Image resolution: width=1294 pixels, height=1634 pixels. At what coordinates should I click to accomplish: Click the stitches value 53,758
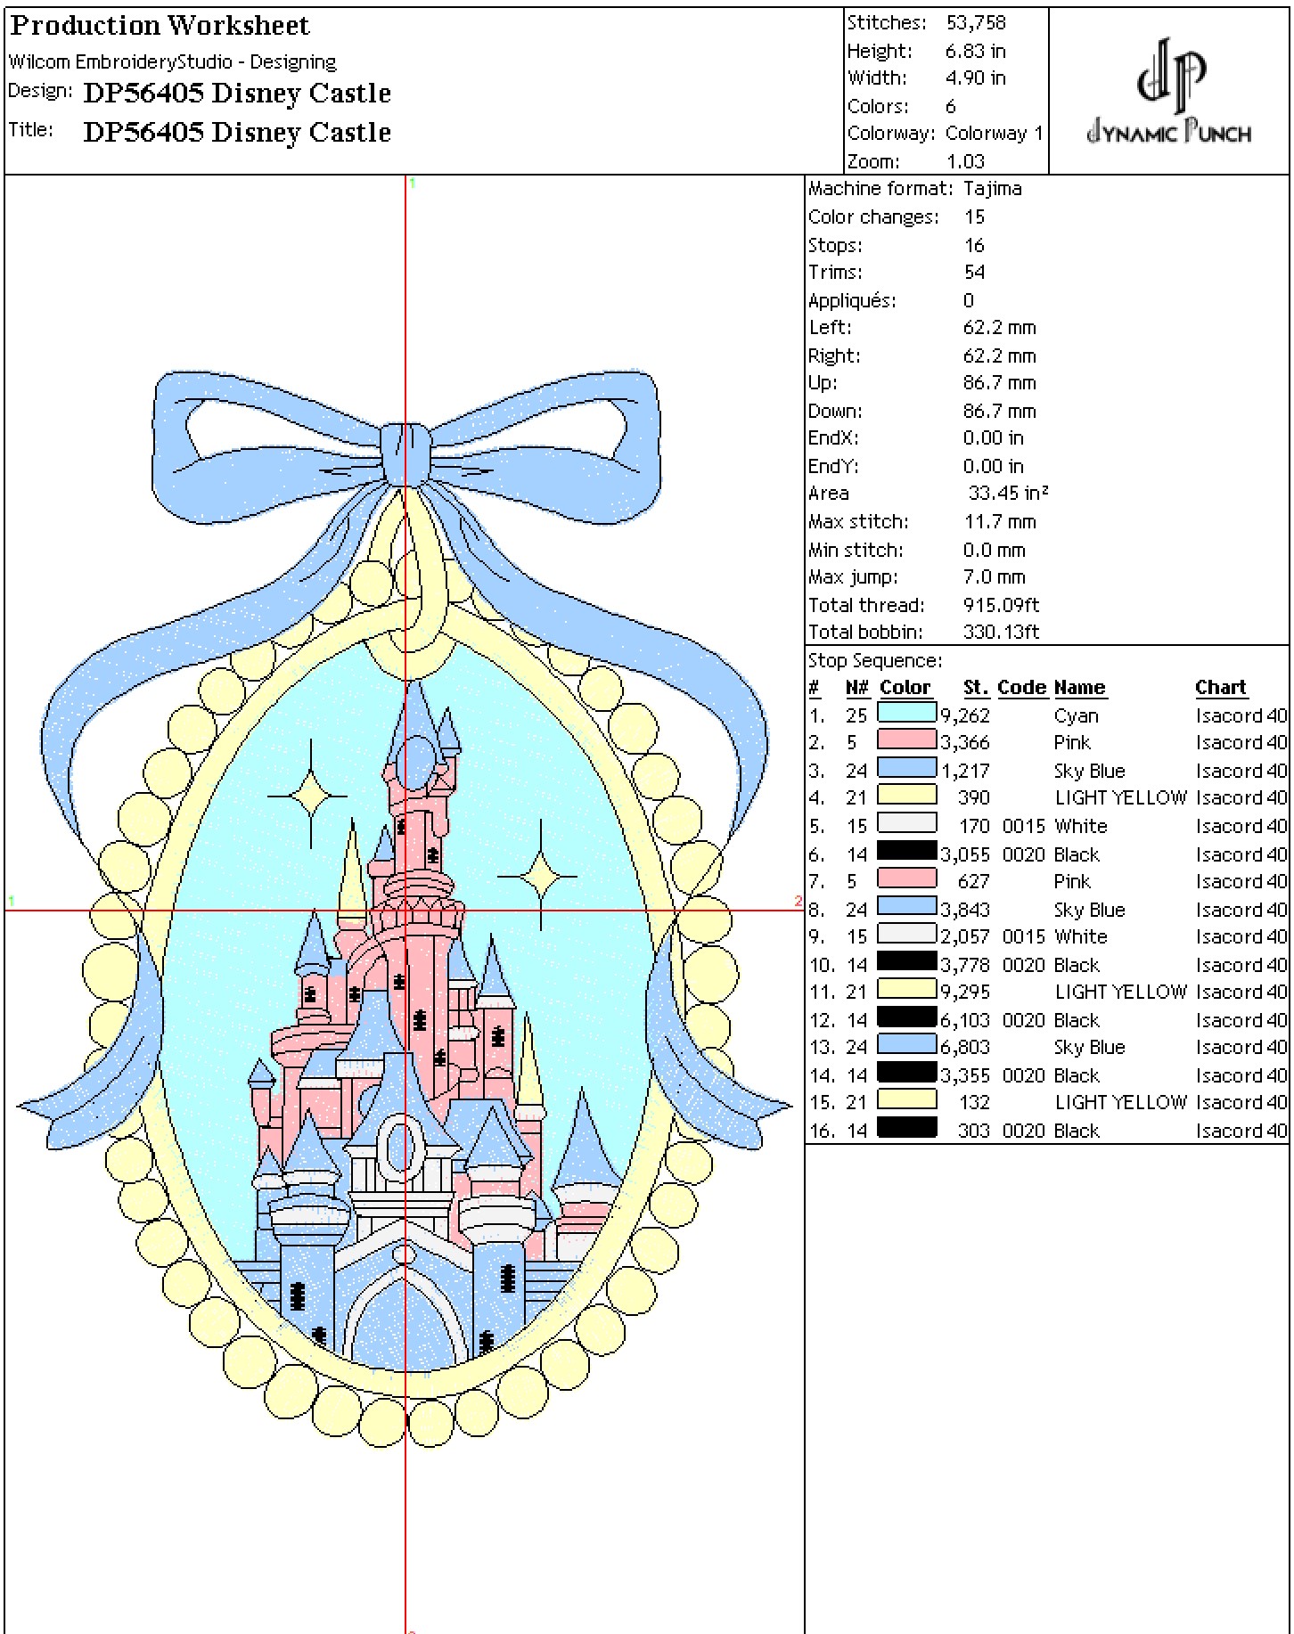[976, 23]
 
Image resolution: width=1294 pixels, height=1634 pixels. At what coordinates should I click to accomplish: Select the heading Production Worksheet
[160, 26]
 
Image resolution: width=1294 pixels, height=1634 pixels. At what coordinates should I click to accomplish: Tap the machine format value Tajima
[993, 189]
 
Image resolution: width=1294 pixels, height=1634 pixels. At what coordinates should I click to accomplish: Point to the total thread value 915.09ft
[1001, 605]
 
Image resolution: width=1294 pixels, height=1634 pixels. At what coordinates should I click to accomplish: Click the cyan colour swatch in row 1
[907, 714]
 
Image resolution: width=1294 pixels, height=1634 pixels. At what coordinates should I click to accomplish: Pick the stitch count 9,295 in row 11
[965, 992]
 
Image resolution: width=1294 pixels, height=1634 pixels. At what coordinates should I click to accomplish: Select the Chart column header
[1221, 688]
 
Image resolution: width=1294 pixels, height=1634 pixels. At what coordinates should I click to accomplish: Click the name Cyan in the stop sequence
[1076, 715]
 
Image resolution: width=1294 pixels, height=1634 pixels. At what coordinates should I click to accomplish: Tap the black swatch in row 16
[907, 1129]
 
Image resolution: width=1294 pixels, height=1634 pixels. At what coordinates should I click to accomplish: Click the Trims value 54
[974, 272]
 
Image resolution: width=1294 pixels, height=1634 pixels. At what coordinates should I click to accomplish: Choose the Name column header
[1080, 688]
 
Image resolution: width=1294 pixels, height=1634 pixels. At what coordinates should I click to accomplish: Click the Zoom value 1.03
[965, 161]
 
